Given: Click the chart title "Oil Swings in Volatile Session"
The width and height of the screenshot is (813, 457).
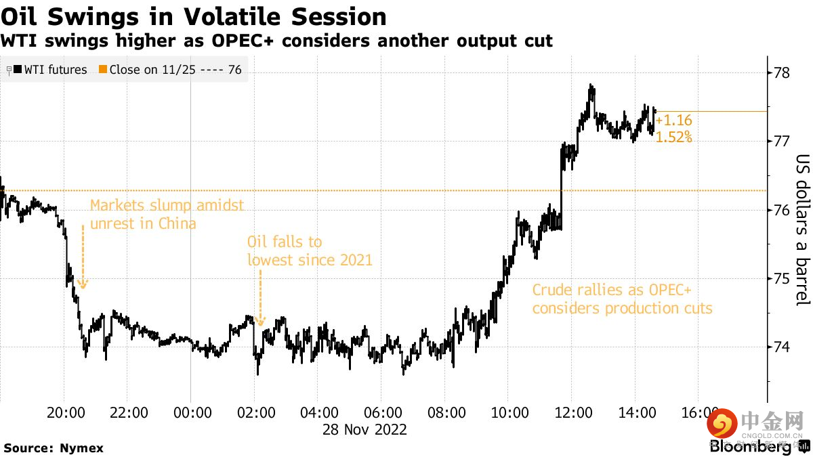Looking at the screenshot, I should pos(194,16).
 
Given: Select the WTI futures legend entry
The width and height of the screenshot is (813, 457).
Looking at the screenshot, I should pos(49,69).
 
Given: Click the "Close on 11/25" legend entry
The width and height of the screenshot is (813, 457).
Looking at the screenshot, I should pos(170,69).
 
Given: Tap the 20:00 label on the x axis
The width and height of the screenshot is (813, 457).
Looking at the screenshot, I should pos(65,413).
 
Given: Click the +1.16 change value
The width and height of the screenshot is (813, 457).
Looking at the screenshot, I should pos(673,121).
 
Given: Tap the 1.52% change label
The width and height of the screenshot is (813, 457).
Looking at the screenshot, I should pos(673,137).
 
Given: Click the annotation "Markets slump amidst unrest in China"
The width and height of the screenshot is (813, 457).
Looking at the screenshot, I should pos(166,214).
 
